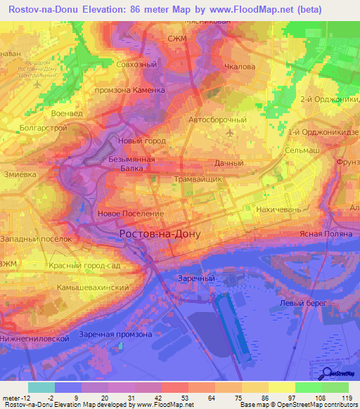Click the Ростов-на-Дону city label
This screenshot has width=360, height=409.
tap(160, 234)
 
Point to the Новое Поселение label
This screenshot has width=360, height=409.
tap(131, 213)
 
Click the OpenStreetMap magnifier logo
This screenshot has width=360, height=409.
tap(328, 374)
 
